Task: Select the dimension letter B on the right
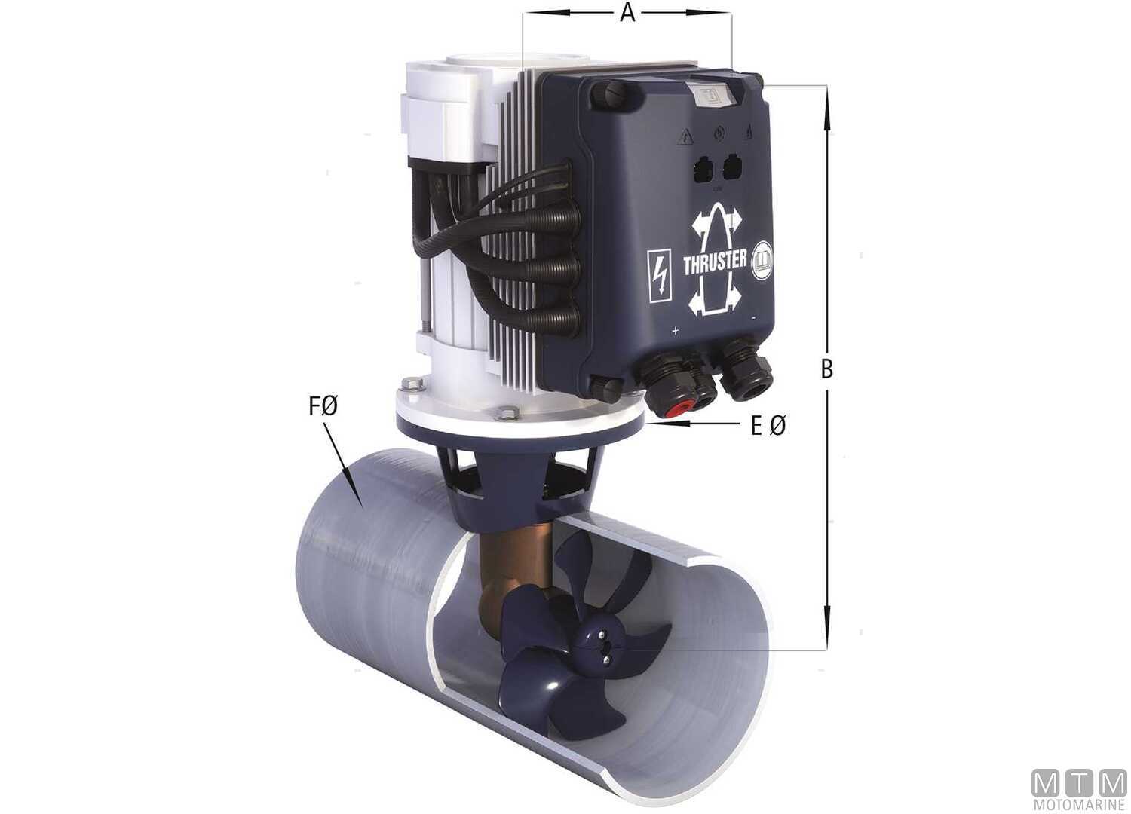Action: (x=827, y=369)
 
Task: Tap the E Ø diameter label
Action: (x=768, y=427)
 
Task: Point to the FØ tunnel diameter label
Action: (x=322, y=408)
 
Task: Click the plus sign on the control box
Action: (x=675, y=331)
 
